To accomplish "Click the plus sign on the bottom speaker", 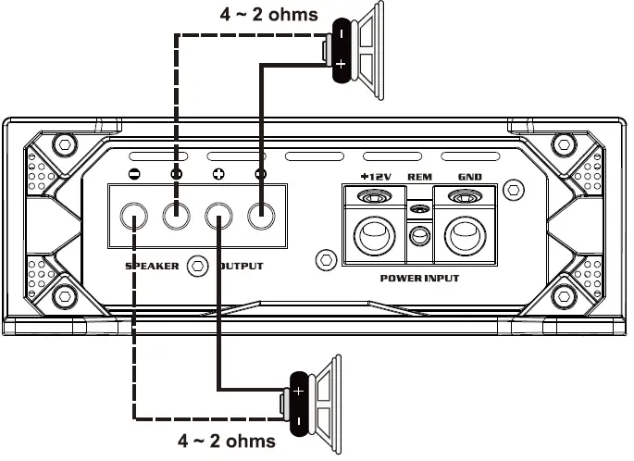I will (298, 391).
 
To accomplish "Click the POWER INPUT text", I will (419, 278).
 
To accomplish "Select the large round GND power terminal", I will (465, 233).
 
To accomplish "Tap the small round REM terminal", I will (419, 236).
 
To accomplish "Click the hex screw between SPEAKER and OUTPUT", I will (195, 266).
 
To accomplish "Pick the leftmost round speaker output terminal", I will (135, 218).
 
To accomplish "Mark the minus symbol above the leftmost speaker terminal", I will (135, 173).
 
